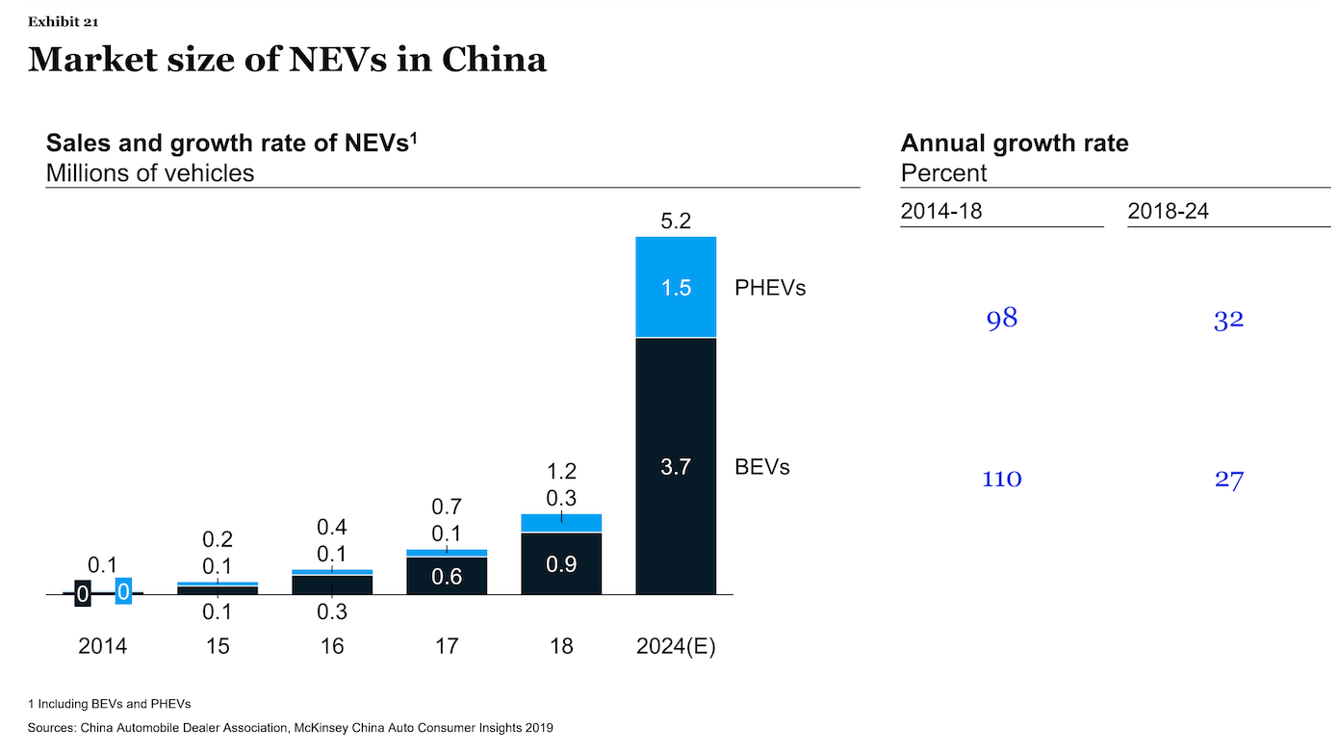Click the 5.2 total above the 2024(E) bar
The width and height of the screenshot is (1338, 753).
[x=677, y=221]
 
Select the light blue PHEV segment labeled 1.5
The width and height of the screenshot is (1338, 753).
[x=677, y=288]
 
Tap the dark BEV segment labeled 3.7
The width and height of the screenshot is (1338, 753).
[x=677, y=467]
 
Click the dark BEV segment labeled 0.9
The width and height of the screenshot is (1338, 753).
[x=561, y=564]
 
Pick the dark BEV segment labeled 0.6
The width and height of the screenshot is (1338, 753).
[x=447, y=576]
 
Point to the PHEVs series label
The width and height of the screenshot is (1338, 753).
[x=769, y=288]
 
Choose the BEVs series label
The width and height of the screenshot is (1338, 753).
[x=761, y=467]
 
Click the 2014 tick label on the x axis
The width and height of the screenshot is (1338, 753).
[x=102, y=646]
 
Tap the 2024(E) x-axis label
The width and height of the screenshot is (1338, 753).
[x=677, y=646]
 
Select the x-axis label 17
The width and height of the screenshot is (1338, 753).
[x=447, y=646]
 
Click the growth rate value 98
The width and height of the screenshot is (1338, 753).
[x=1002, y=319]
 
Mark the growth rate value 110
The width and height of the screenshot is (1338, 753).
[x=1001, y=479]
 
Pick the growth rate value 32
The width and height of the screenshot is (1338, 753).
[x=1229, y=320]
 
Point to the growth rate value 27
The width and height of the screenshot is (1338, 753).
[x=1229, y=480]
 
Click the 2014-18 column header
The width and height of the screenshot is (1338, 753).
[x=941, y=211]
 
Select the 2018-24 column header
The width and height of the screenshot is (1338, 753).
[x=1168, y=211]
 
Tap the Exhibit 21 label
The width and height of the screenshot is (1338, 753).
[x=63, y=21]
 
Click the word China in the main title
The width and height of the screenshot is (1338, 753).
[x=495, y=60]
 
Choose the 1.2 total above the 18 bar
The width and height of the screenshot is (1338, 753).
[x=561, y=472]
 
